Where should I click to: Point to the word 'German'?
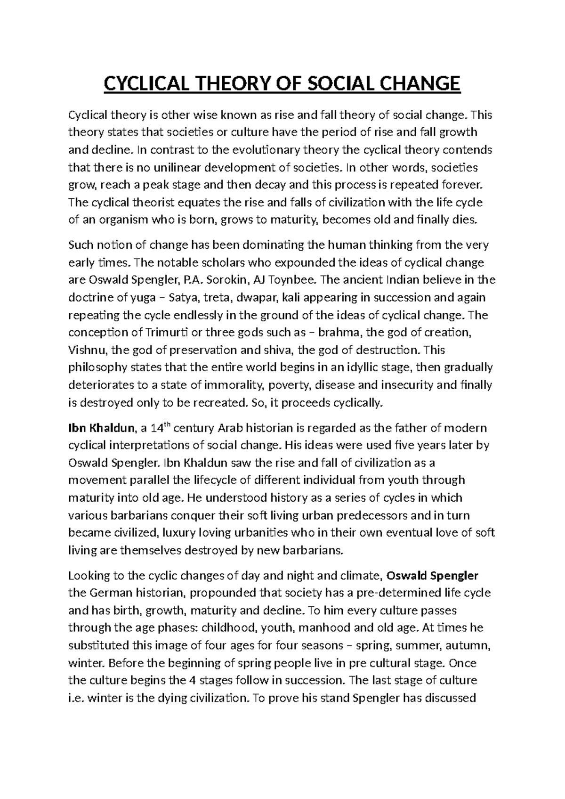click(110, 593)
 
